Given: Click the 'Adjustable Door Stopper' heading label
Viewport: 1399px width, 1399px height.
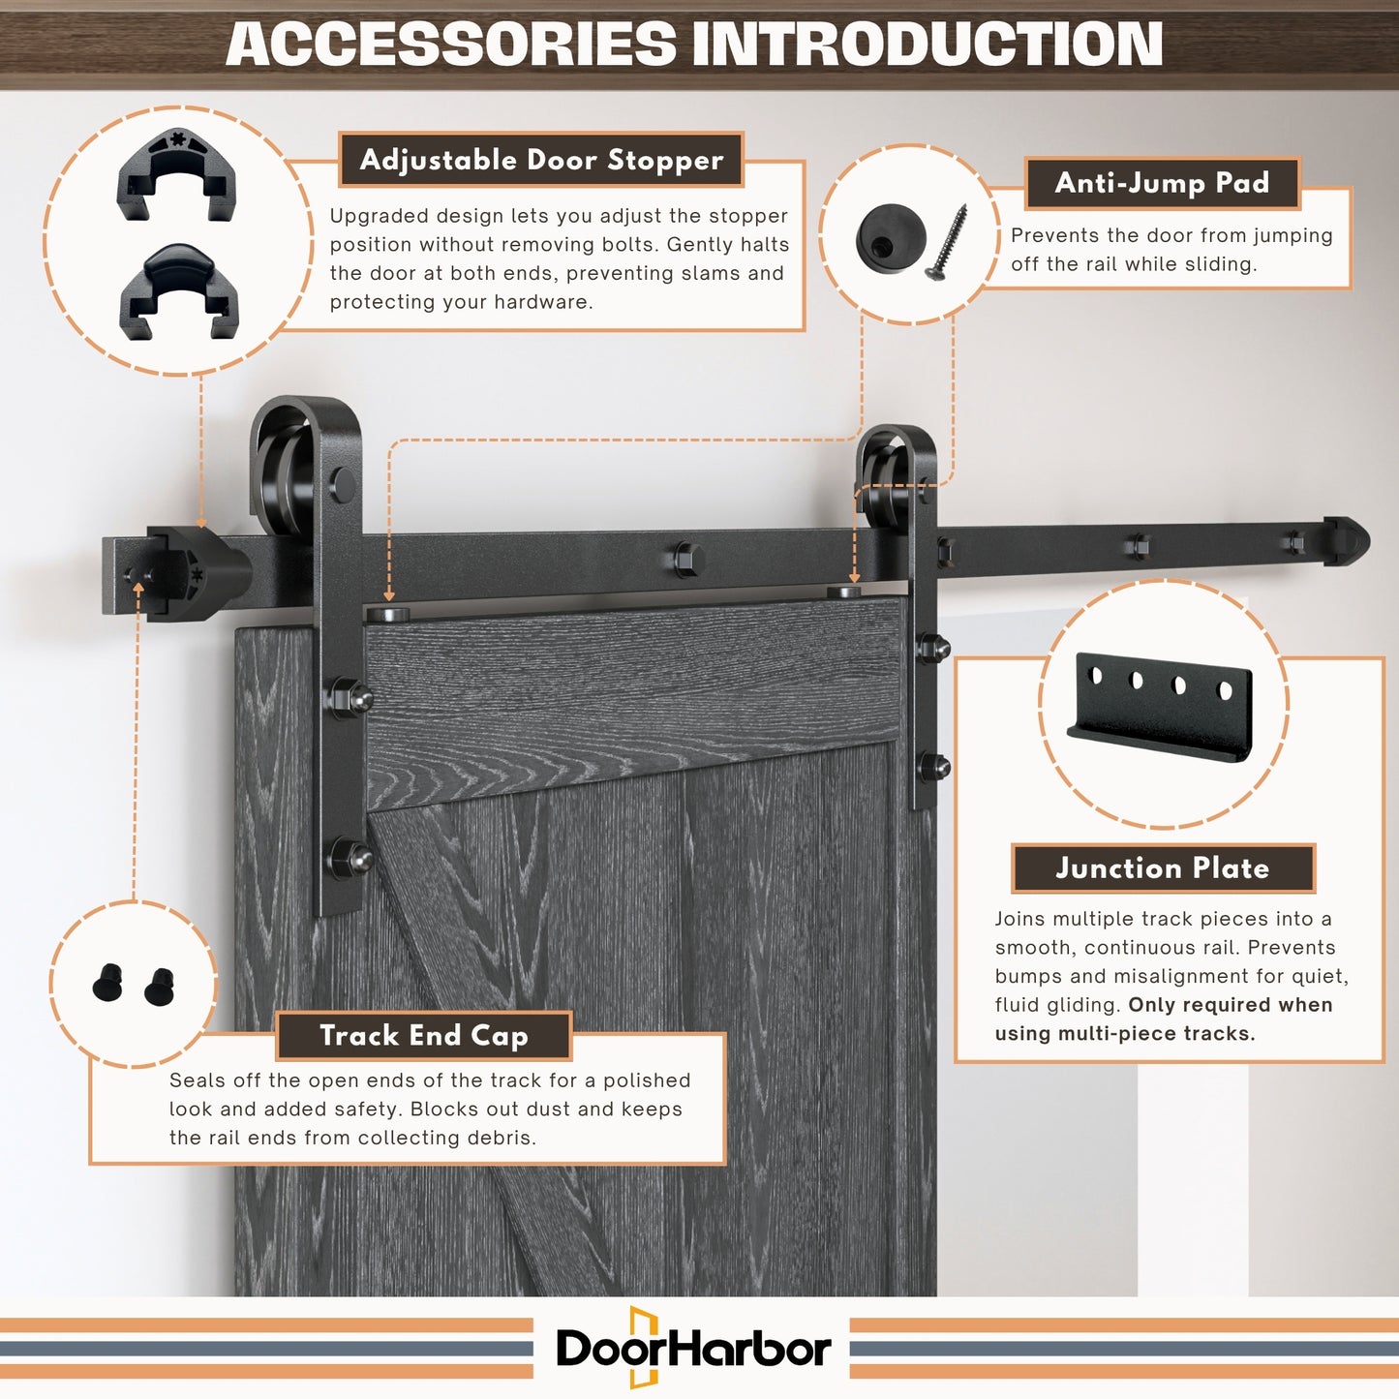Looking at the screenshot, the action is pos(541,160).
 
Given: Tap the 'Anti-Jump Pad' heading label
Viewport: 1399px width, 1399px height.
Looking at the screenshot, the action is pos(1163,183).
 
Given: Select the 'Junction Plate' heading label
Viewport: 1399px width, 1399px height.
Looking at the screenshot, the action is pos(1163,868).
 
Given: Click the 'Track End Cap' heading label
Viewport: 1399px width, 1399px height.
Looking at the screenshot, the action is pos(424,1035).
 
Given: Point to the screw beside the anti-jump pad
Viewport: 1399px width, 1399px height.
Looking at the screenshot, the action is pos(946,242).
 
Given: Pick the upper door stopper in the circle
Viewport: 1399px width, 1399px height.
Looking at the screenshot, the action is pos(176,174).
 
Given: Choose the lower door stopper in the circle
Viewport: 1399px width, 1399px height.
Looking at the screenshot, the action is pos(179,291).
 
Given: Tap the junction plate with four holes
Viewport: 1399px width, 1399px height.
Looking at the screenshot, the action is pos(1160,707).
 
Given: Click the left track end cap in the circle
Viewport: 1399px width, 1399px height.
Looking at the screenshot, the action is pos(108,983).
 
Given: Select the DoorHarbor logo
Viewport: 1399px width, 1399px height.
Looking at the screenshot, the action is pos(693,1348).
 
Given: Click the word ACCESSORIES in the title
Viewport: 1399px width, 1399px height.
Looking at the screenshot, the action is pos(451,44).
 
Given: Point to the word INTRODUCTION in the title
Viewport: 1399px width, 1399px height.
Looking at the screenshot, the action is pos(928,44).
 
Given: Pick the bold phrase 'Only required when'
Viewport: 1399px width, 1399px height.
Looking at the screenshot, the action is pos(1231,1005).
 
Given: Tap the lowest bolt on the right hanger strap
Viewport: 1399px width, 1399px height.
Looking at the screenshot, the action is pos(933,767).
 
